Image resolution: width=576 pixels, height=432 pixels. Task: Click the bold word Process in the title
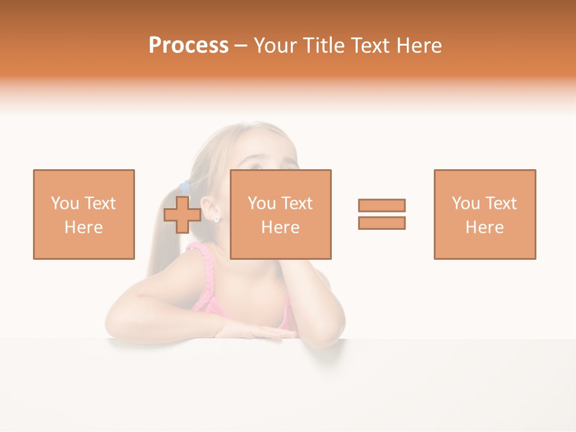(188, 46)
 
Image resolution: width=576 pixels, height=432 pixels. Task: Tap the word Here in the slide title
(418, 46)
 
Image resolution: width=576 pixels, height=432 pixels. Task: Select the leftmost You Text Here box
(84, 214)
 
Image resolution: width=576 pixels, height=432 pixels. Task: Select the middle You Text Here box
(280, 214)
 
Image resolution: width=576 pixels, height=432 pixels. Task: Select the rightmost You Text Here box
(484, 214)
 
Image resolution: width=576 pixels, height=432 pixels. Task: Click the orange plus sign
(182, 215)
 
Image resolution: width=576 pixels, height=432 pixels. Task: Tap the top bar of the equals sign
(382, 205)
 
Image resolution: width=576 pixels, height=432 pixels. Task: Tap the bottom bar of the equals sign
(382, 223)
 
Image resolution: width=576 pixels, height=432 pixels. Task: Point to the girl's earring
(217, 219)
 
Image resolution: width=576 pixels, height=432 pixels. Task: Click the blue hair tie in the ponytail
(185, 187)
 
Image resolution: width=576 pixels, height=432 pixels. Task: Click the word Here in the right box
(484, 227)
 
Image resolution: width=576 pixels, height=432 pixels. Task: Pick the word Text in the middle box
(296, 203)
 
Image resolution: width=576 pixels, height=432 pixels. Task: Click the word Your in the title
(275, 46)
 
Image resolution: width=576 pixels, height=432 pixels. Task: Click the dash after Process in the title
(241, 46)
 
